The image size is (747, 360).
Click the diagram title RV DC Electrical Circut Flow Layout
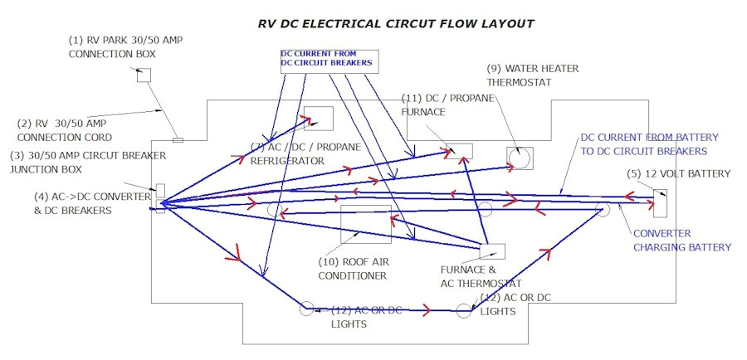click(396, 23)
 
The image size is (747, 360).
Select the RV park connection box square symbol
click(144, 75)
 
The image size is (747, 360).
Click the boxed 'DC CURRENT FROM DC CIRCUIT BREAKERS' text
click(326, 59)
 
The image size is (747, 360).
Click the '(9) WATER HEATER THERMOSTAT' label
click(532, 75)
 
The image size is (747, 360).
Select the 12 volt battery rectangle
click(660, 202)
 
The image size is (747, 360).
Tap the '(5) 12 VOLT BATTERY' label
click(679, 174)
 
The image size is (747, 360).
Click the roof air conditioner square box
click(365, 224)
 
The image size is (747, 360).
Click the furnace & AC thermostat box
click(492, 251)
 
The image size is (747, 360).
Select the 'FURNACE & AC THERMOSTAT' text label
click(481, 276)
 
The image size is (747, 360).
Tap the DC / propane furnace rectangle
click(459, 150)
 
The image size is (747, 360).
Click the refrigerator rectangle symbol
click(318, 119)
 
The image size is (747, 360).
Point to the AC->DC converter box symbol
click(160, 198)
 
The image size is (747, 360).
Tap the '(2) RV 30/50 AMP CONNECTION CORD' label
click(64, 130)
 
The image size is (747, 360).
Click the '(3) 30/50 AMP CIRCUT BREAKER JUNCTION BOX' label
click(88, 162)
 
